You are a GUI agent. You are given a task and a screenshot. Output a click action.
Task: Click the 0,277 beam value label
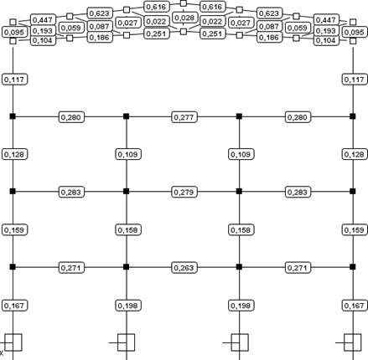tap(184, 117)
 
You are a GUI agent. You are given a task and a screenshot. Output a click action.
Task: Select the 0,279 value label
tap(184, 193)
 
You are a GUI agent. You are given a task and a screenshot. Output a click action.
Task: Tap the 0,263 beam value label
tap(184, 268)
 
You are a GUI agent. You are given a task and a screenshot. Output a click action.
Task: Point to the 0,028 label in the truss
tap(184, 18)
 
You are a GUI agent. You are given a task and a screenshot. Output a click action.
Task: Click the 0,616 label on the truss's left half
tap(157, 7)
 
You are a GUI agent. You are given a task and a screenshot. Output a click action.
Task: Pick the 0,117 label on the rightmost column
tap(355, 80)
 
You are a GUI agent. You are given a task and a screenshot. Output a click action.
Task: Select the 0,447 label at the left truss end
tap(43, 20)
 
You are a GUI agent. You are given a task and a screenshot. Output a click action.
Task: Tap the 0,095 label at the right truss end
tap(355, 32)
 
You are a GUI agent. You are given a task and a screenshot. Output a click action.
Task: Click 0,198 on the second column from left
tap(128, 306)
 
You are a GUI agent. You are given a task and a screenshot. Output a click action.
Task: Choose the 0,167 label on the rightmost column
tap(355, 306)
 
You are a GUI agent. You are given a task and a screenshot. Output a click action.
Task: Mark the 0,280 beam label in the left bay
tap(71, 117)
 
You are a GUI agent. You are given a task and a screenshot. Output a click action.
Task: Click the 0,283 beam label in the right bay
tap(298, 193)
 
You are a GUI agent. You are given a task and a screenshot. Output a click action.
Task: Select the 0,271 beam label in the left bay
tap(71, 268)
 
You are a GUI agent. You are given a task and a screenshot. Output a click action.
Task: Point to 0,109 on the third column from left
tap(241, 154)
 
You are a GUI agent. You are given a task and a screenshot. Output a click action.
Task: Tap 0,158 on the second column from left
tap(128, 230)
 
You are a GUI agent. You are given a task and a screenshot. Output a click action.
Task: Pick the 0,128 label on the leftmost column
tap(15, 154)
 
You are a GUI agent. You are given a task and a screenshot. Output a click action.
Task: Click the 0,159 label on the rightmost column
tap(355, 230)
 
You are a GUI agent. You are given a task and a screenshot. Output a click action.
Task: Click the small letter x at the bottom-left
tap(2, 353)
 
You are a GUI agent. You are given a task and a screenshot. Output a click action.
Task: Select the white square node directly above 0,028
tap(184, 3)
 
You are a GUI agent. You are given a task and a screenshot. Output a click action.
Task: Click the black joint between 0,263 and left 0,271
tap(127, 267)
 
